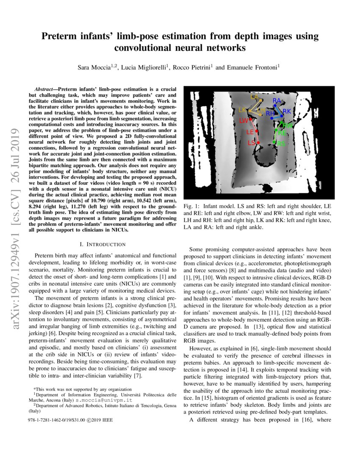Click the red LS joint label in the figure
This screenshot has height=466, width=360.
251,143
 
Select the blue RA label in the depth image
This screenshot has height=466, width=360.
277,100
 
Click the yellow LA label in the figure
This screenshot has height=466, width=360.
254,97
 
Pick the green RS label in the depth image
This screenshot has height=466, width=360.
281,144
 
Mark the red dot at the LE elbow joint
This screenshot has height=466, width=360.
257,132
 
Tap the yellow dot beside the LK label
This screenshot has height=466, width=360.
249,111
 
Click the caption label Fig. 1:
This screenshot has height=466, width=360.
191,205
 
